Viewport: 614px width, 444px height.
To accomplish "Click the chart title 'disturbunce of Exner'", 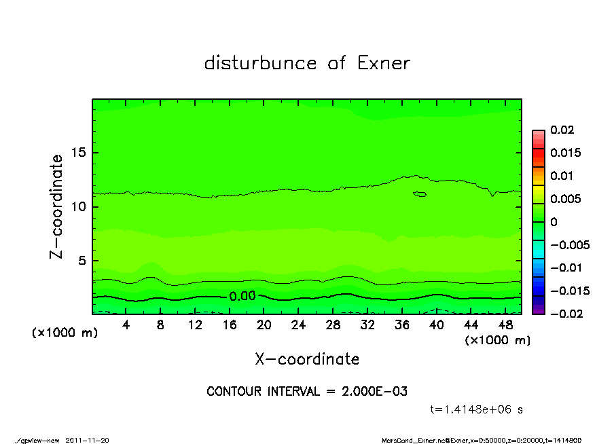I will (307, 63).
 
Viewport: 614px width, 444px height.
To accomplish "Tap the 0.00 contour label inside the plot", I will (242, 296).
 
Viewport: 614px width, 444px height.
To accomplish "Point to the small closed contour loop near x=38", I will (420, 194).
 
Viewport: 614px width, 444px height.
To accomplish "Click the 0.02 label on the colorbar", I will (563, 130).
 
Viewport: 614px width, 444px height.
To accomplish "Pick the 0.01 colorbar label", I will (563, 176).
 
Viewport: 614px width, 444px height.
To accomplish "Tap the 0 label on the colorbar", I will (554, 222).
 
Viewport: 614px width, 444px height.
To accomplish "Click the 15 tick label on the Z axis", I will (78, 153).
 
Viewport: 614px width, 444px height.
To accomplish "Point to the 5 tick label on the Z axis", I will (82, 261).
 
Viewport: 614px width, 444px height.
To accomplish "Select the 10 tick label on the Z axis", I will (78, 206).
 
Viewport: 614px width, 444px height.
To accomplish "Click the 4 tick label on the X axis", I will (126, 325).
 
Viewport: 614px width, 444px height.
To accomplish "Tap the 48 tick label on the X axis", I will (506, 325).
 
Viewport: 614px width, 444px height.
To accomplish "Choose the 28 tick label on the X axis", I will (333, 325).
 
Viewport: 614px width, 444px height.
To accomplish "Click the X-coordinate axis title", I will (307, 359).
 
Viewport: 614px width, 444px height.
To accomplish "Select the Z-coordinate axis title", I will (57, 206).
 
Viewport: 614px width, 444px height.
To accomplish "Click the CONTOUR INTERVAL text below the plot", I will (307, 392).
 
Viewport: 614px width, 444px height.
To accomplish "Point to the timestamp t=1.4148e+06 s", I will (476, 409).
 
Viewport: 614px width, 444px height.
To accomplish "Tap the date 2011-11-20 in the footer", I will (87, 440).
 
